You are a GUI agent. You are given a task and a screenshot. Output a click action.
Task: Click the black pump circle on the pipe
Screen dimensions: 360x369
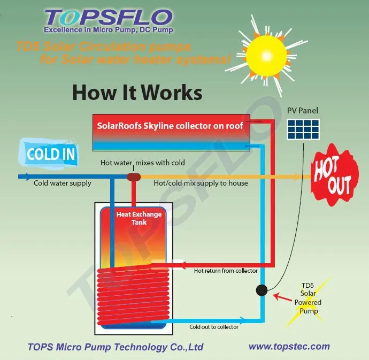click(x=262, y=290)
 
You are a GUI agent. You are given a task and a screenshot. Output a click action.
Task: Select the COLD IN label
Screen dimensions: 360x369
click(x=51, y=155)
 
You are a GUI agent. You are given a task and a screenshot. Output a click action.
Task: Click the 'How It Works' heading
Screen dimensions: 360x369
click(x=137, y=92)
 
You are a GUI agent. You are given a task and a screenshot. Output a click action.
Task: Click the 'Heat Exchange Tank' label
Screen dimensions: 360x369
click(x=132, y=218)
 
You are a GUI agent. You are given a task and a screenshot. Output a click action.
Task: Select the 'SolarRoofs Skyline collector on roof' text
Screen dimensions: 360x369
click(x=170, y=126)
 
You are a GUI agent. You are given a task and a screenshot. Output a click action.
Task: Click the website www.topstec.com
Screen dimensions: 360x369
click(x=289, y=346)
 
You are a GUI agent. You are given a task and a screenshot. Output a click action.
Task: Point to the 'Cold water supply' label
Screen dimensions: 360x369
click(x=63, y=183)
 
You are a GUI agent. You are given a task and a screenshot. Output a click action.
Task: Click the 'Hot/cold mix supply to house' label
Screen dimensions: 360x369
click(x=201, y=183)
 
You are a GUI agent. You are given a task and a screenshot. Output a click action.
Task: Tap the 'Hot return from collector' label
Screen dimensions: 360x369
click(x=226, y=271)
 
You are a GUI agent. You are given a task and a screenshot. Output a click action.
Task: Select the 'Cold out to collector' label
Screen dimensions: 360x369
click(x=214, y=327)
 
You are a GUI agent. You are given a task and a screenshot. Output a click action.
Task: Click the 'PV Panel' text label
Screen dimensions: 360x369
click(x=302, y=111)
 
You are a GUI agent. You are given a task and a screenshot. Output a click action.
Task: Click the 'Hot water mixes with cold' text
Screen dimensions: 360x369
click(x=143, y=163)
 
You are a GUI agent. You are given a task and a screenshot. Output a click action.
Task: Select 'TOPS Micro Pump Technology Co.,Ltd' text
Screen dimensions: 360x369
click(x=116, y=347)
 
